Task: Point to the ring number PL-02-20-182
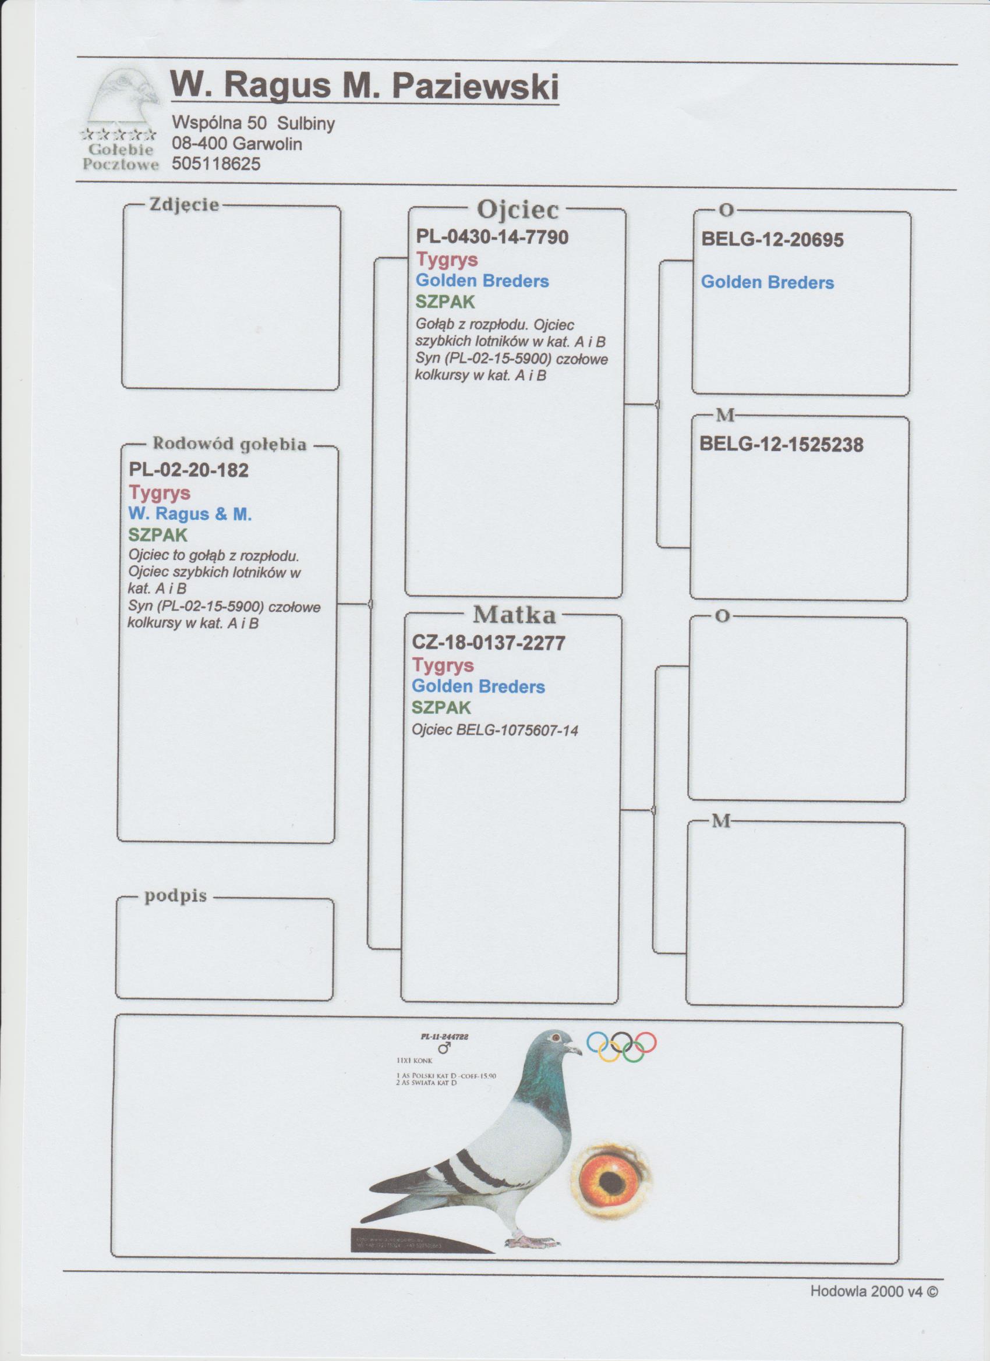coord(189,470)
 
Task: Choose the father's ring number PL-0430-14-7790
coord(492,237)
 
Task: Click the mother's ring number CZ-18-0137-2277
coord(488,643)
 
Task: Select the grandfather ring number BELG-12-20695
coord(772,240)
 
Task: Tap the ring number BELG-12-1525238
coord(782,445)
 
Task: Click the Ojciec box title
coord(518,210)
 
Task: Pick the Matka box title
coord(515,615)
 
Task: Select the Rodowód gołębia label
coord(229,444)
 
